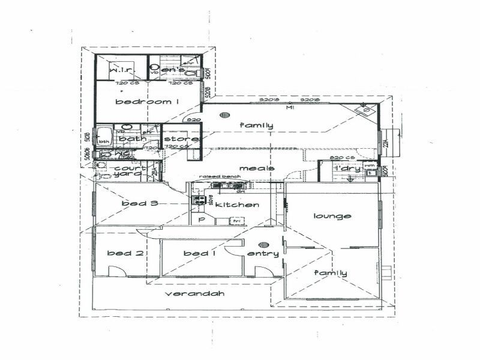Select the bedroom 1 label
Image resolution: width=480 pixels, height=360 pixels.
(x=148, y=102)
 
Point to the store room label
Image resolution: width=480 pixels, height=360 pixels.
(x=177, y=140)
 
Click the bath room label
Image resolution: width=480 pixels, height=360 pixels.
(x=132, y=139)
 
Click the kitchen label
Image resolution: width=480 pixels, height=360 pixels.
(x=238, y=205)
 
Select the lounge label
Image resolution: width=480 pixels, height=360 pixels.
(x=332, y=216)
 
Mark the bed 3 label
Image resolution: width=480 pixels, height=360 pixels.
(x=140, y=203)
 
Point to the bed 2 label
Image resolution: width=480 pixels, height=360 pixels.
(x=125, y=253)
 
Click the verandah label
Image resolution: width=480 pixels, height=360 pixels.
(x=194, y=294)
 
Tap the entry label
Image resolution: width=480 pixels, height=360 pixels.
(x=263, y=254)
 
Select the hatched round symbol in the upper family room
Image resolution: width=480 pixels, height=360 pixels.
(x=225, y=115)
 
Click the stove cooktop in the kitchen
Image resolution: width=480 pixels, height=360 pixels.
(x=199, y=201)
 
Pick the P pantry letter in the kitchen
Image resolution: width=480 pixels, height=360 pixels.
(x=202, y=220)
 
